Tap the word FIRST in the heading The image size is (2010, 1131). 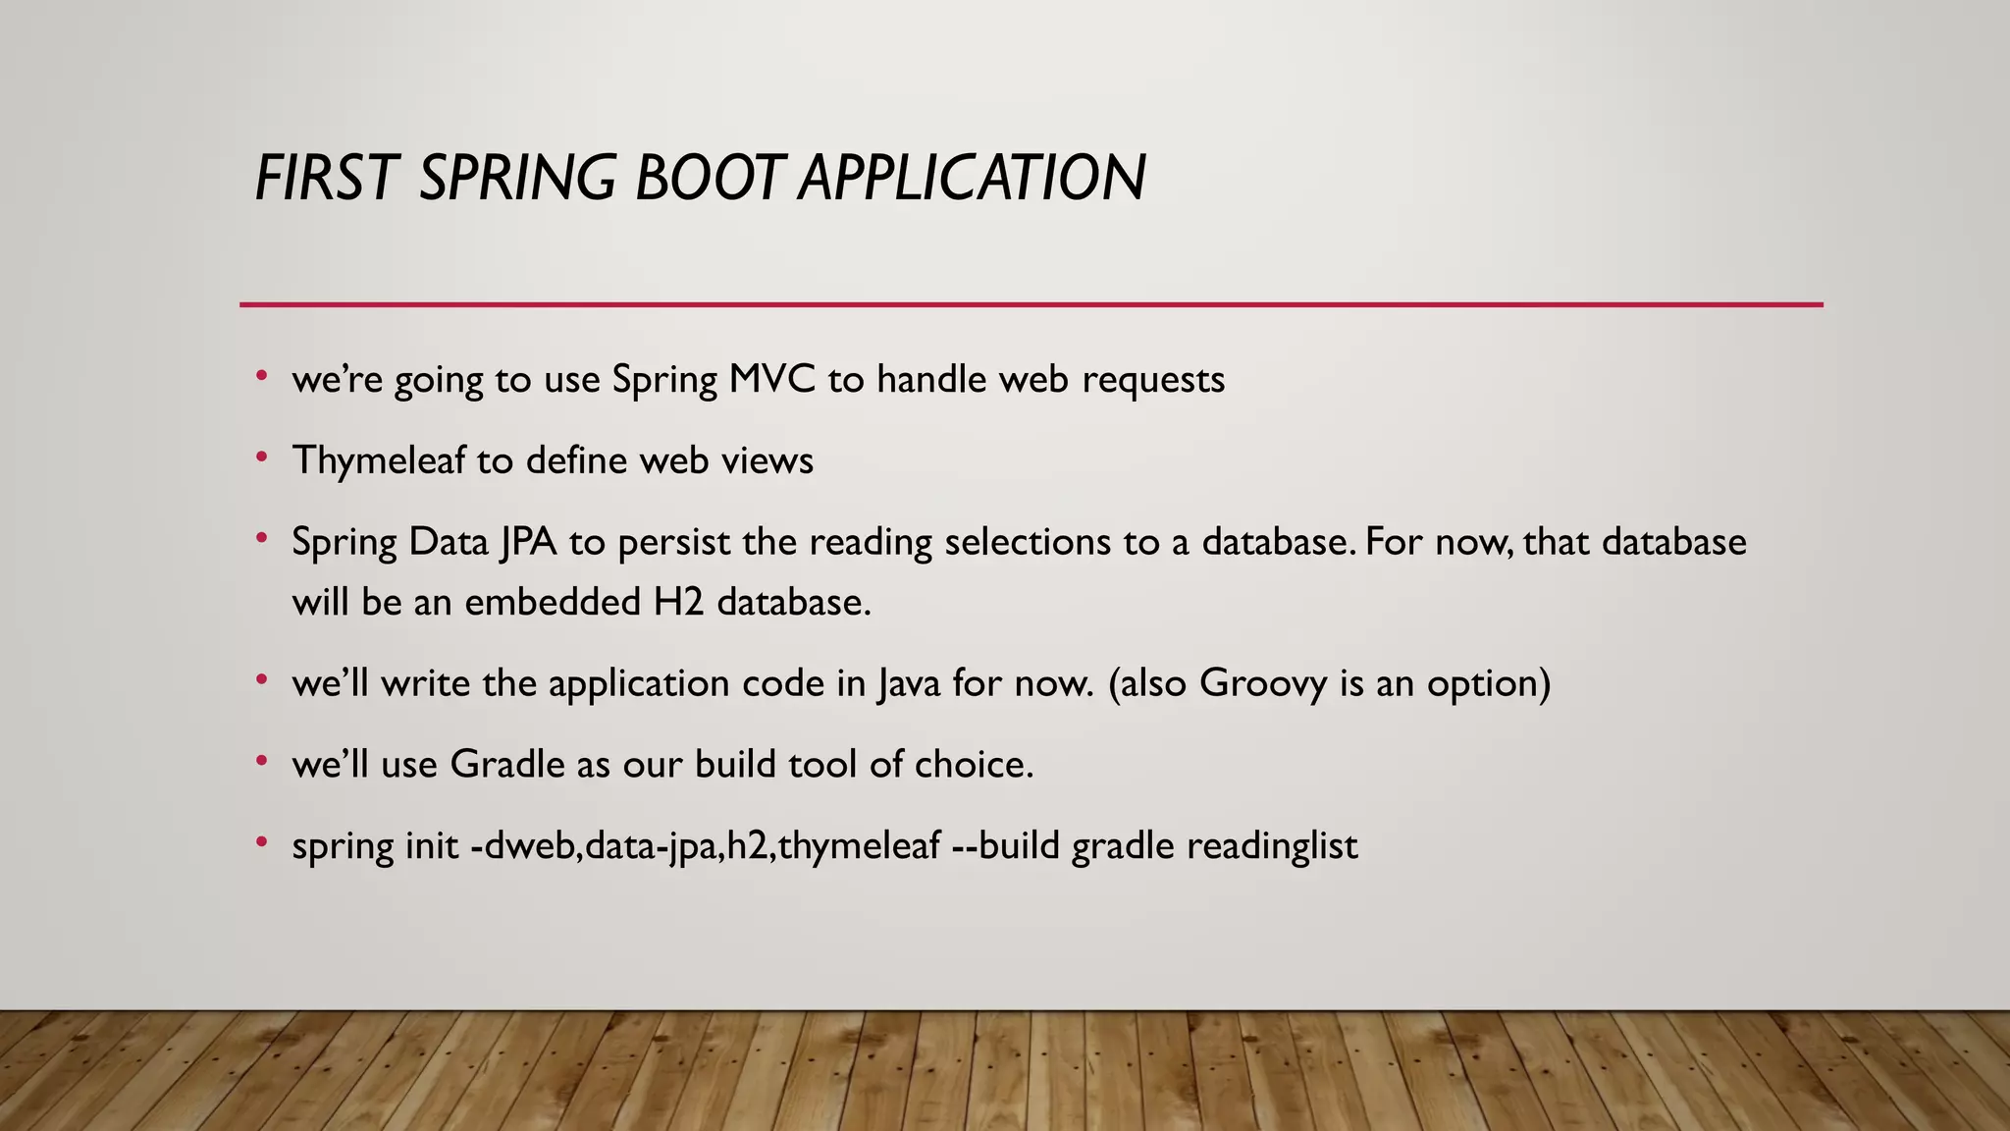[x=324, y=179]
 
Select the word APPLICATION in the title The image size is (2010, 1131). [x=972, y=179]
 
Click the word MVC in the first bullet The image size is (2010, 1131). [x=771, y=379]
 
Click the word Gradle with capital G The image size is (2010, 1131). [x=506, y=764]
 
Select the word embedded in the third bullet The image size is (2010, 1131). [x=553, y=602]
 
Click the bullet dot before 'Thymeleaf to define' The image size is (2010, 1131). [x=261, y=458]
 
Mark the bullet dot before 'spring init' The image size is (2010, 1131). [x=261, y=842]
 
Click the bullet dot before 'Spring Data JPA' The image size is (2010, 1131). [x=261, y=539]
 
